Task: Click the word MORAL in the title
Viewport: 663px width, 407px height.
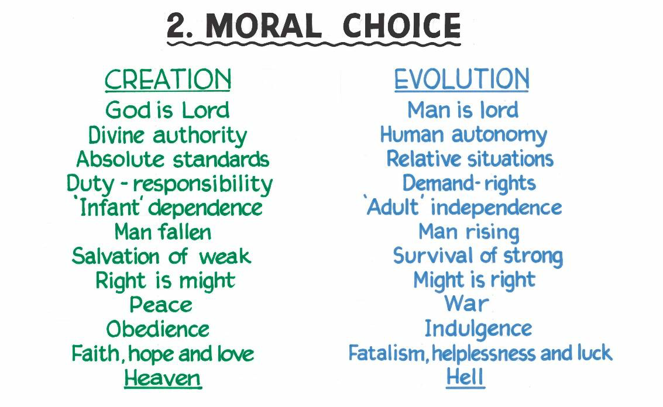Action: click(x=263, y=26)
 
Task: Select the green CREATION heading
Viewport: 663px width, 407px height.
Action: click(x=168, y=80)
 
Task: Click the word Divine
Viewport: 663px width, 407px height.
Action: click(x=116, y=135)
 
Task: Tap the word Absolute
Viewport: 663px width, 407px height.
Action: click(x=120, y=159)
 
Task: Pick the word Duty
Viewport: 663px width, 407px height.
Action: click(x=90, y=184)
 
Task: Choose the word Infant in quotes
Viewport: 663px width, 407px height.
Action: click(x=109, y=208)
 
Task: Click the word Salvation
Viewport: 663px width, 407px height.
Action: click(x=115, y=256)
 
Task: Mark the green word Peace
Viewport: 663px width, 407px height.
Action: click(x=161, y=305)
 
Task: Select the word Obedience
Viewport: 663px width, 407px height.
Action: click(x=158, y=329)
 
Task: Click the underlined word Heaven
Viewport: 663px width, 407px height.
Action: click(x=163, y=378)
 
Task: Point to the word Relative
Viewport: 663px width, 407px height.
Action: click(x=424, y=159)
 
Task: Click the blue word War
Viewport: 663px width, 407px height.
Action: click(x=466, y=303)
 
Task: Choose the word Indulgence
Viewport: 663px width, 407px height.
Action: click(x=478, y=329)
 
